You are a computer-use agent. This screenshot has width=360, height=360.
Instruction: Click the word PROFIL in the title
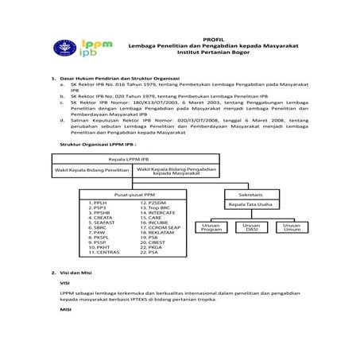coord(214,38)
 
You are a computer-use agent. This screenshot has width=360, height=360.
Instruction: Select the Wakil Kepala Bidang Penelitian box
coord(91,170)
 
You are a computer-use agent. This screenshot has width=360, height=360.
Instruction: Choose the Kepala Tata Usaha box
coord(250,204)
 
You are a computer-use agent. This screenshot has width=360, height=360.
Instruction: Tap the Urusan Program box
coord(212,228)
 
